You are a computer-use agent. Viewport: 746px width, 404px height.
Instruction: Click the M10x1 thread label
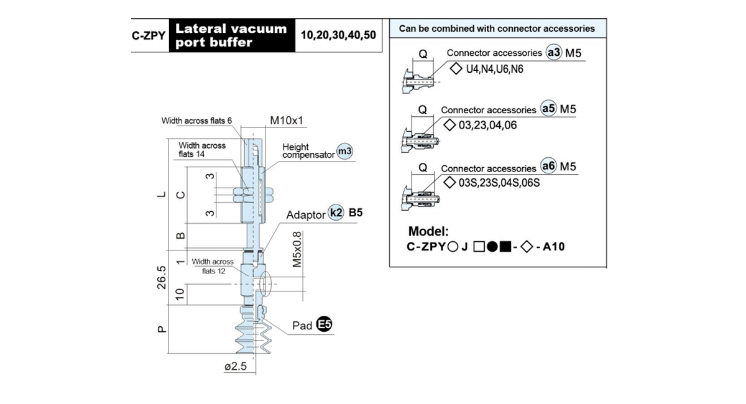287,120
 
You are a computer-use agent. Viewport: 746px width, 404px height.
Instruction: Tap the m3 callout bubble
344,151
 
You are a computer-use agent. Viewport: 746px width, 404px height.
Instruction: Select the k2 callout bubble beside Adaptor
336,212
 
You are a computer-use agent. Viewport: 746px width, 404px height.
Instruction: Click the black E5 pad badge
324,324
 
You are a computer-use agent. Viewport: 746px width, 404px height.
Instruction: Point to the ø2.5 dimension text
236,366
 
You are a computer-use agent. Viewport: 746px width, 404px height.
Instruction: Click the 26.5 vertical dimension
162,277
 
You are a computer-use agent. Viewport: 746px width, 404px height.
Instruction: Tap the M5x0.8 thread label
297,249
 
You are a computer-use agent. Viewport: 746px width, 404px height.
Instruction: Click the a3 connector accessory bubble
553,53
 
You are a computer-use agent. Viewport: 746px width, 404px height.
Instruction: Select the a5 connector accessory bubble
548,109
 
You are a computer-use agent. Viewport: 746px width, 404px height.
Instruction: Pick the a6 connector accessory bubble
548,166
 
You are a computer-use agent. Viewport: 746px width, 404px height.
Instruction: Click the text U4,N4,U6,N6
495,69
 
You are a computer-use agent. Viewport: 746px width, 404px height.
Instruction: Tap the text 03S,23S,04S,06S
499,183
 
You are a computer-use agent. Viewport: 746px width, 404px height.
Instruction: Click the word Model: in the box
428,231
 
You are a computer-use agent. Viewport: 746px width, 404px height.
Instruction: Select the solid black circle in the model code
492,247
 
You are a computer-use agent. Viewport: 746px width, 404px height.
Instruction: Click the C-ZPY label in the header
149,35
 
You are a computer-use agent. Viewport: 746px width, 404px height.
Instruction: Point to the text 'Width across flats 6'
196,121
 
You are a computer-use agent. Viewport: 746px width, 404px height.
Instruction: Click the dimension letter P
162,329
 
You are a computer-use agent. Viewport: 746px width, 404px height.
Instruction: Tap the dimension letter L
162,194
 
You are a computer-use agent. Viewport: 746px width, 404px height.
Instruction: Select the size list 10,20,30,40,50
338,35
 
